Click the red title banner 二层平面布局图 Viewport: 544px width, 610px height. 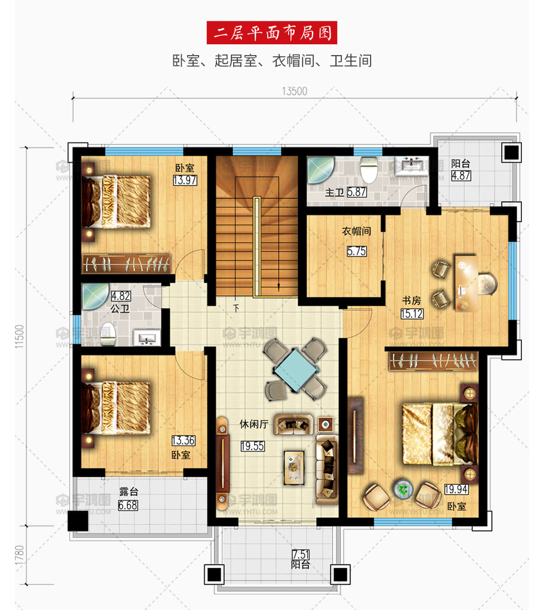point(271,33)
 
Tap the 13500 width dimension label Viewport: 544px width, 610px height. point(295,91)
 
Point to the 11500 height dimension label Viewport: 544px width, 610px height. point(19,336)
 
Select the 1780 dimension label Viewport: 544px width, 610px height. point(19,557)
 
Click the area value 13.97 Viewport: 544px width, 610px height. point(185,180)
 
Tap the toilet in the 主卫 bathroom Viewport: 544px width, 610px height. point(368,169)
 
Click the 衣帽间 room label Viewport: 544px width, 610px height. point(356,232)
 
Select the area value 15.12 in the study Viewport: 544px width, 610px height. point(412,314)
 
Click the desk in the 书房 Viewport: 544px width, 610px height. point(466,283)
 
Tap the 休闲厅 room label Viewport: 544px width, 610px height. point(253,424)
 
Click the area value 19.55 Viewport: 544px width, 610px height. point(252,446)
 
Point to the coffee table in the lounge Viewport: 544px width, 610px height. point(294,467)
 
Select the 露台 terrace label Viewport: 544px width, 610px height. point(129,491)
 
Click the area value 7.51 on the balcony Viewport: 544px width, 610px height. point(300,554)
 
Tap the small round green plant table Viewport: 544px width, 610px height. point(402,490)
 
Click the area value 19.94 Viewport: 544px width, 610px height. point(456,489)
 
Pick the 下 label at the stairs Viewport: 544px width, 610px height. point(236,308)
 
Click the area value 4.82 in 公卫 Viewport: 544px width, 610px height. point(121,296)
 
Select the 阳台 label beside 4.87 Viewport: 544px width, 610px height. point(461,163)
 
